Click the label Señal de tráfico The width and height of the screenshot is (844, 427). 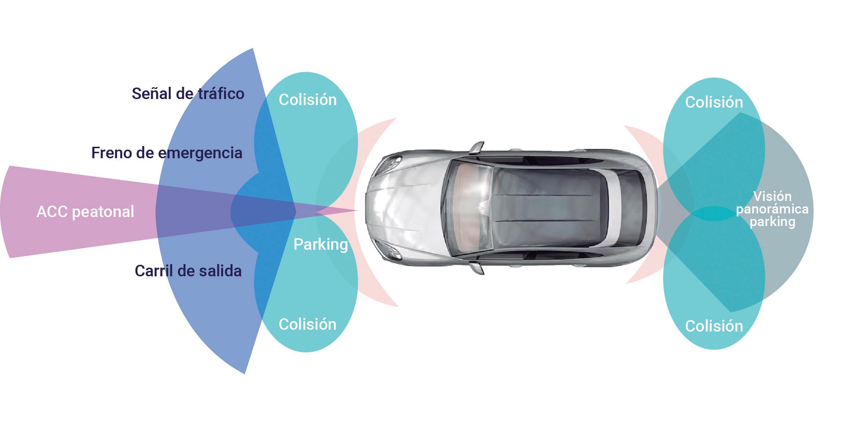[x=188, y=94]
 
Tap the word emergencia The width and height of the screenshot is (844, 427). [x=200, y=154]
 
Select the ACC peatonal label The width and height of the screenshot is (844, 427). [x=85, y=212]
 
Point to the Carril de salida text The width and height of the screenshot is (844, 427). [x=188, y=271]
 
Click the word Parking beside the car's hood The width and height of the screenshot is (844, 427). [x=321, y=245]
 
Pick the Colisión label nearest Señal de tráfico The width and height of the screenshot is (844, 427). [x=308, y=100]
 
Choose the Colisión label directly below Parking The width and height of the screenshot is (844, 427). [x=308, y=324]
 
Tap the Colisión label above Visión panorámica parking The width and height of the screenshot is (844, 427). [x=714, y=102]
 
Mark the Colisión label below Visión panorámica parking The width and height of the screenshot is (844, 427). [x=714, y=326]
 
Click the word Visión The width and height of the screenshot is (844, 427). [x=772, y=196]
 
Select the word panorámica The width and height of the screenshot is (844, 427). [x=772, y=209]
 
